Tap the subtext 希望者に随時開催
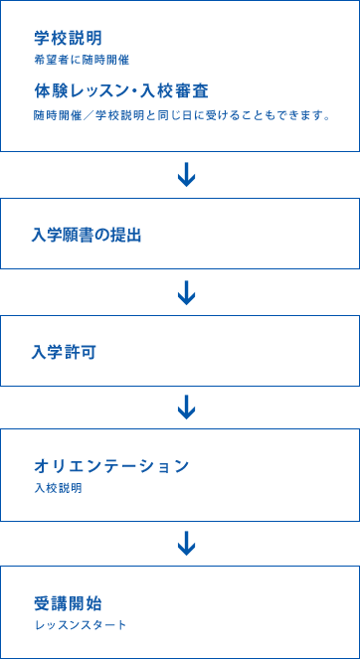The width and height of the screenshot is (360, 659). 81,60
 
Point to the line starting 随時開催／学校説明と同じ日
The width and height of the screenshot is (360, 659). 181,115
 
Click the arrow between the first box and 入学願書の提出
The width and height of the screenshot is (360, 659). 185,175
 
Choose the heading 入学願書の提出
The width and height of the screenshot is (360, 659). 87,235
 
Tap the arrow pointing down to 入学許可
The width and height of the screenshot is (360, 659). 185,292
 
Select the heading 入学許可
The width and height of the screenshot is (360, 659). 64,352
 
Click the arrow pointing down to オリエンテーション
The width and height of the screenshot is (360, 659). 185,407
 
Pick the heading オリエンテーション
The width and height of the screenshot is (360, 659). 111,465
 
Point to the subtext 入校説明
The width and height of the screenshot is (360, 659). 57,488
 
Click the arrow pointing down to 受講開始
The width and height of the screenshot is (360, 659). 185,543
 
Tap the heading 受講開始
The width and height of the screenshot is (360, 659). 67,602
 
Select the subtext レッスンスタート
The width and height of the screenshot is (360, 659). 81,625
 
